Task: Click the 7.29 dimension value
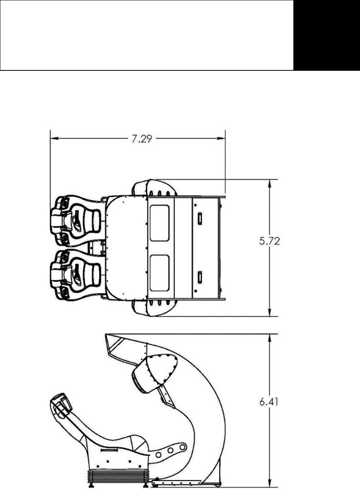pos(142,139)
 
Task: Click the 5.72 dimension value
pos(269,241)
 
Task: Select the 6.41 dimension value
pos(269,402)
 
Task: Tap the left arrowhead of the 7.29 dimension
pos(54,139)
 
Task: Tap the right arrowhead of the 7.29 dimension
pos(221,139)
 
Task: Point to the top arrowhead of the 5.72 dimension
pos(270,184)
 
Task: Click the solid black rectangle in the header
pos(327,35)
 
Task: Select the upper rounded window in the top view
pos(159,223)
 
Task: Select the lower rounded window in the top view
pos(159,273)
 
